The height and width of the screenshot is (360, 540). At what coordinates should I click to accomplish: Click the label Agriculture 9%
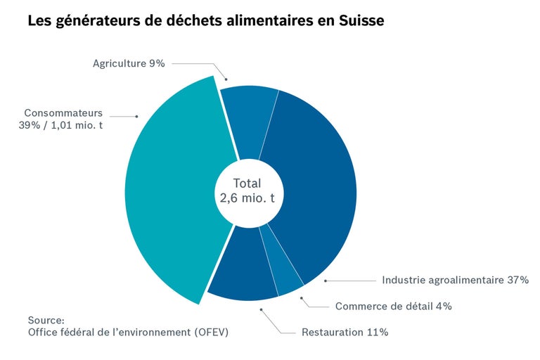tap(129, 63)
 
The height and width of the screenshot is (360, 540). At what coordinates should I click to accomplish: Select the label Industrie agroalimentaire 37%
tap(455, 280)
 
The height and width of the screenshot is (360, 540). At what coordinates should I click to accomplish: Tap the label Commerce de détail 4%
tap(393, 306)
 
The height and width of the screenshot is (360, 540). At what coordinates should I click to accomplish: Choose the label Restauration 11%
tap(345, 332)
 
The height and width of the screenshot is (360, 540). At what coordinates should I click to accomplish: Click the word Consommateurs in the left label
tap(63, 112)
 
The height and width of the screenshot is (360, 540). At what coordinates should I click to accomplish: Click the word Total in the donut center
tap(242, 184)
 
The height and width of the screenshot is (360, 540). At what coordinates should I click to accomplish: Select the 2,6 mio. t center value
tap(243, 198)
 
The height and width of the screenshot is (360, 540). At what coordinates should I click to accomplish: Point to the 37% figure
tap(517, 280)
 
